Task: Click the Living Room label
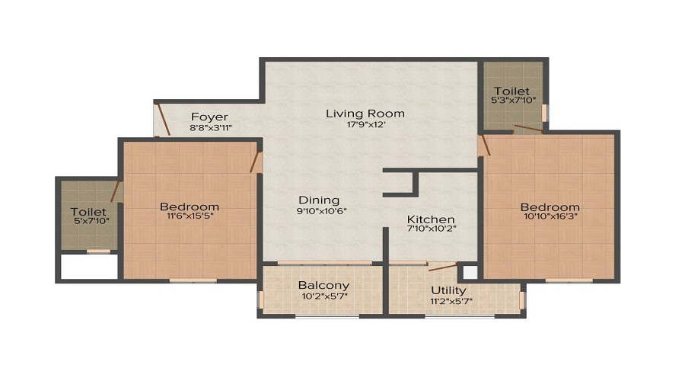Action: [x=365, y=114]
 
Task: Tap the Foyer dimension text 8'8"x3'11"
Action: [x=211, y=128]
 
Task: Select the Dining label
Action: [x=319, y=200]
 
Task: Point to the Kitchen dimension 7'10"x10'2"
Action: [x=432, y=229]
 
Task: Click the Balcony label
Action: [x=323, y=286]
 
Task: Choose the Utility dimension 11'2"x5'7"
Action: [x=451, y=301]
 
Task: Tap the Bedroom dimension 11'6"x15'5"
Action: [x=190, y=216]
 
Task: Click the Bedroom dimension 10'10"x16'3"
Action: [x=550, y=216]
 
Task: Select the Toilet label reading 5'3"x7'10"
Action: [x=511, y=91]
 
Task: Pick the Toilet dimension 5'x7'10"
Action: [x=92, y=221]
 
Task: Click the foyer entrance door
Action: [x=163, y=119]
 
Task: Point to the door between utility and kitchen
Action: [x=443, y=267]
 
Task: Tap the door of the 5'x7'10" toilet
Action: [x=116, y=191]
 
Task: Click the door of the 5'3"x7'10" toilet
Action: [x=528, y=129]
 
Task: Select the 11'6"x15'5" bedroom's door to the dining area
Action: [x=255, y=162]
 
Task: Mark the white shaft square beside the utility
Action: [x=470, y=273]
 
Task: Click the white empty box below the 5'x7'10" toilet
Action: [x=89, y=266]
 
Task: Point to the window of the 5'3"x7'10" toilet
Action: [x=544, y=113]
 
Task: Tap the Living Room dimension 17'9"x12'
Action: [x=365, y=124]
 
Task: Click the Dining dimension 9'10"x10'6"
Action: [x=321, y=211]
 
